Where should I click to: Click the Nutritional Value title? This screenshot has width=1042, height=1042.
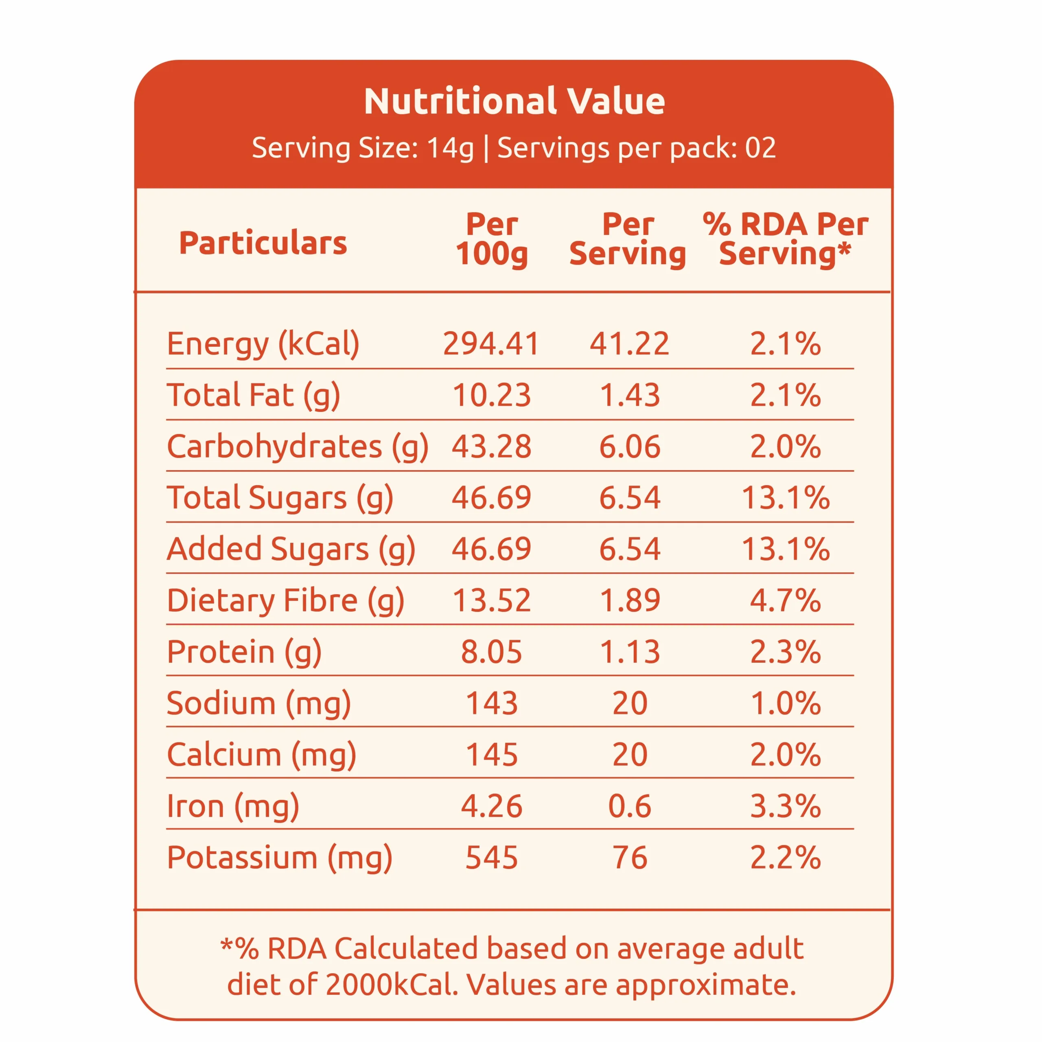click(x=514, y=101)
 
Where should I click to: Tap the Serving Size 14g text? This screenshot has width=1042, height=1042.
click(x=362, y=148)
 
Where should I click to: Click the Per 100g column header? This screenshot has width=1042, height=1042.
click(x=491, y=239)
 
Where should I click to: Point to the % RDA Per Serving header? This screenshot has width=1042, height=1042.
click(x=785, y=239)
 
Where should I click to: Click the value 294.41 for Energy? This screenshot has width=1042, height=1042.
click(x=491, y=344)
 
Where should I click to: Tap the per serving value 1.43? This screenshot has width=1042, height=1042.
click(x=629, y=395)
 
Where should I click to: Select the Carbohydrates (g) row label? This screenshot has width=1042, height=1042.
click(x=297, y=447)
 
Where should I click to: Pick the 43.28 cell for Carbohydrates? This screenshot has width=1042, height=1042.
click(x=491, y=447)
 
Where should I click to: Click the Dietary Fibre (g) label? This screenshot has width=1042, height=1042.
click(x=285, y=600)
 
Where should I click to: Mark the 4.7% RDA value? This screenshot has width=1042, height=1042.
click(x=785, y=600)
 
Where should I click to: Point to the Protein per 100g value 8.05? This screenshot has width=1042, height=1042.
click(x=491, y=652)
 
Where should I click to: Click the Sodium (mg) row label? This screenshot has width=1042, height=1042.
click(x=258, y=703)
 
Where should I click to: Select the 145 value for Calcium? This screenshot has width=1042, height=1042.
click(x=491, y=755)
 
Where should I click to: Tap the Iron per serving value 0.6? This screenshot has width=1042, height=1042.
click(x=629, y=806)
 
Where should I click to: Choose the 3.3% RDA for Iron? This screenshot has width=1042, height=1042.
click(x=785, y=806)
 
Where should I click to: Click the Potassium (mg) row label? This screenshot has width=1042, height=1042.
click(x=279, y=858)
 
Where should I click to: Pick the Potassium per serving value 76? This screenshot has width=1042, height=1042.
click(x=629, y=858)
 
